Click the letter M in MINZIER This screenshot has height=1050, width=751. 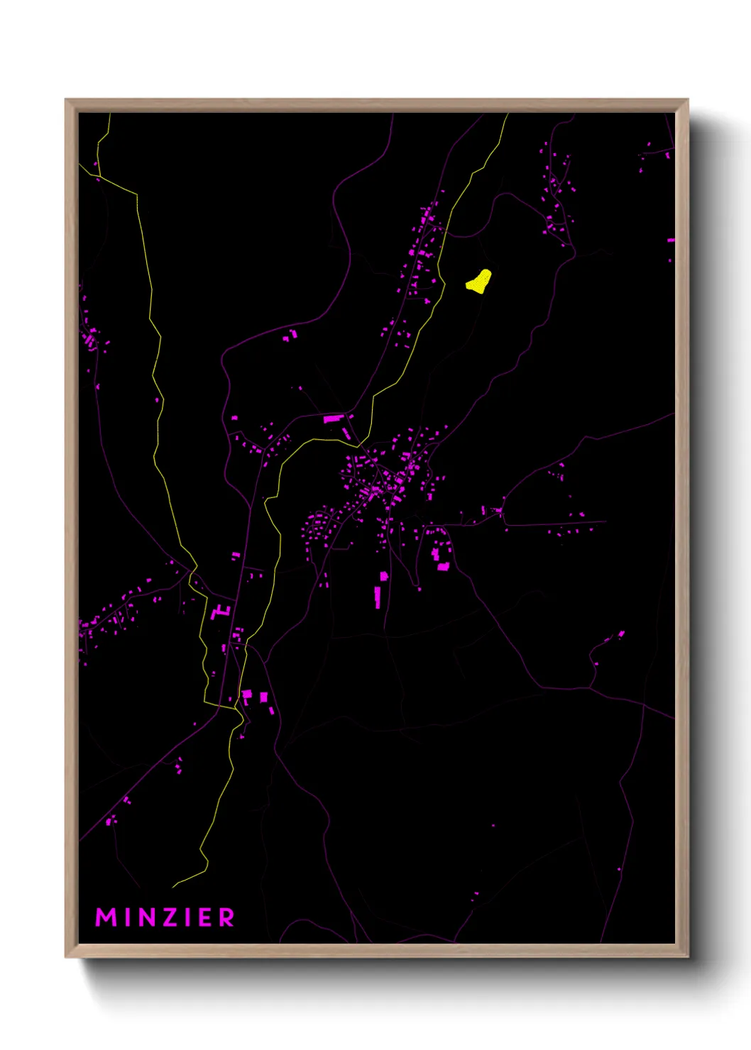click(106, 917)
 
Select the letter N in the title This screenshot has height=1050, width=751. click(146, 917)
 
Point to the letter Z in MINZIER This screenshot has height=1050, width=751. click(170, 917)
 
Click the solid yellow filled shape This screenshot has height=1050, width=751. click(479, 281)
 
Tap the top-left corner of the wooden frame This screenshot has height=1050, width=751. click(66, 100)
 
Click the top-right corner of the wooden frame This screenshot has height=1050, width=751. click(687, 100)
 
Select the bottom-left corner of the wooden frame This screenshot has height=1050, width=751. click(66, 956)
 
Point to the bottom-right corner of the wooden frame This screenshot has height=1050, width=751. click(687, 956)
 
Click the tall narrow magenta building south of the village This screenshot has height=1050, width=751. click(378, 597)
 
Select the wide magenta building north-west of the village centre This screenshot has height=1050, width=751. click(333, 419)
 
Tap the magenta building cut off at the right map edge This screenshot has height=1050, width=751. click(671, 241)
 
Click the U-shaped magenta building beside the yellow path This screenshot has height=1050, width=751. click(221, 610)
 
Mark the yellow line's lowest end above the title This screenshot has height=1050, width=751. click(174, 887)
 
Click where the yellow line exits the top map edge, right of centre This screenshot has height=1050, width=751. click(508, 114)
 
